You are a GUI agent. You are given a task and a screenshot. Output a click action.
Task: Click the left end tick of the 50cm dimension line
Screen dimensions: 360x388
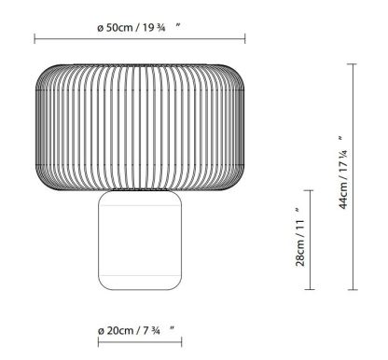35,38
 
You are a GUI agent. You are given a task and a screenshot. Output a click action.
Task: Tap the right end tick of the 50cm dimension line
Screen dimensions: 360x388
244,38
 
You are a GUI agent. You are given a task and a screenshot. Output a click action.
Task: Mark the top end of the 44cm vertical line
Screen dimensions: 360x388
353,63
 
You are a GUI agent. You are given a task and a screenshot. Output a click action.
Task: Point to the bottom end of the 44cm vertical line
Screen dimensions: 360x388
353,289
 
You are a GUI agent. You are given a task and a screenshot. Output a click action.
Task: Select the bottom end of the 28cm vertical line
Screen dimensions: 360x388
310,289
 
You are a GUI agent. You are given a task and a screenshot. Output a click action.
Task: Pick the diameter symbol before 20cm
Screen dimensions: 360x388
100,330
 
